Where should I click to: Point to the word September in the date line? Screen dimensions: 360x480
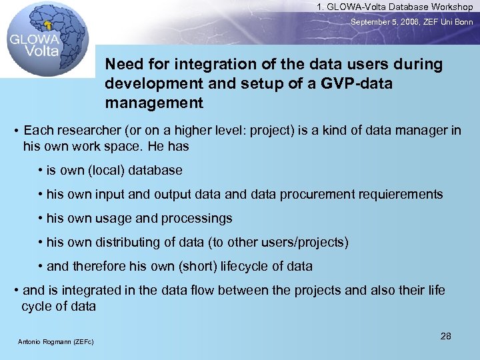pos(372,22)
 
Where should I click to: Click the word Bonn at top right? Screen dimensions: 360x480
pos(462,22)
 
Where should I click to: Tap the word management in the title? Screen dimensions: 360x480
pos(154,103)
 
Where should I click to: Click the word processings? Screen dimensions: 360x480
pos(197,219)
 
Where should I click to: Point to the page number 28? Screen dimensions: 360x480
pos(445,336)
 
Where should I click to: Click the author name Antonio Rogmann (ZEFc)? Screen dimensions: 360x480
pos(56,342)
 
